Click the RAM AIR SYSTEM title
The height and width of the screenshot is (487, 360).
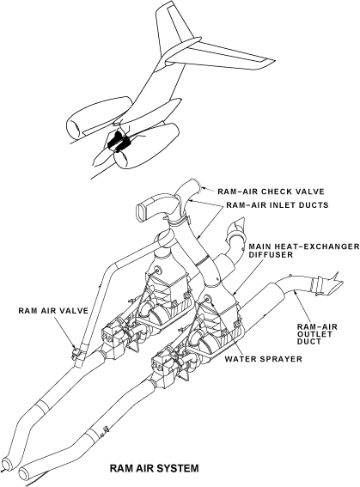pyautogui.click(x=154, y=468)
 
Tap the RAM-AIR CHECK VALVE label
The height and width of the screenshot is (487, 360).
pyautogui.click(x=271, y=192)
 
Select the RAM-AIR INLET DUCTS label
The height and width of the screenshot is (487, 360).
pyautogui.click(x=278, y=205)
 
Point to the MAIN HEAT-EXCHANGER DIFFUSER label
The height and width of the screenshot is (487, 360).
pyautogui.click(x=304, y=251)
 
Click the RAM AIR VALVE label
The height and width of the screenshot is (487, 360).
pyautogui.click(x=53, y=311)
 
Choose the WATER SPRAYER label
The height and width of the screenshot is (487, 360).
pyautogui.click(x=264, y=359)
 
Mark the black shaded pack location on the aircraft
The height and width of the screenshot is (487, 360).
pyautogui.click(x=119, y=142)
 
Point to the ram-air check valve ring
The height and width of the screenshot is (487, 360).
pyautogui.click(x=198, y=186)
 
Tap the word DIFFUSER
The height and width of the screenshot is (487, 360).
pyautogui.click(x=271, y=255)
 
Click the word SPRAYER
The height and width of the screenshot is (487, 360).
pyautogui.click(x=281, y=359)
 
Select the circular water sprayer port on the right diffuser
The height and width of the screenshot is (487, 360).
pyautogui.click(x=208, y=299)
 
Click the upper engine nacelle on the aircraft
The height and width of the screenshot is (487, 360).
pyautogui.click(x=99, y=118)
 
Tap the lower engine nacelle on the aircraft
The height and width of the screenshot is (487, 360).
pyautogui.click(x=146, y=146)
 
